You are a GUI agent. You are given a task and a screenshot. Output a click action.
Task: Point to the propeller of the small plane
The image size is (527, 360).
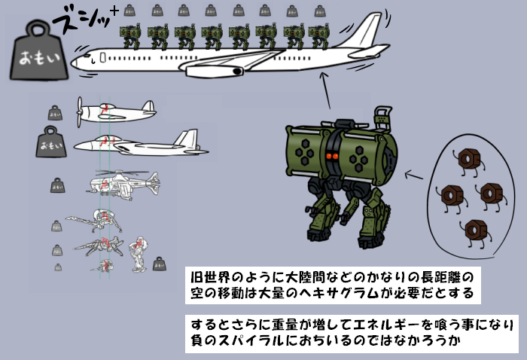point(81,111)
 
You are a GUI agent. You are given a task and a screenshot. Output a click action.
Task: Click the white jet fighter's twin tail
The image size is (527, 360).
point(185,139)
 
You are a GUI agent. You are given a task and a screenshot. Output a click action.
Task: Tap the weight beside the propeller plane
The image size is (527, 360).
point(55,113)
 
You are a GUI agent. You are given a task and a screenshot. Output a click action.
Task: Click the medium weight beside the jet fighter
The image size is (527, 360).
point(52,142)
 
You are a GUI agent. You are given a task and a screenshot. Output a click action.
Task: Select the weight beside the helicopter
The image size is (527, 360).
point(57,185)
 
